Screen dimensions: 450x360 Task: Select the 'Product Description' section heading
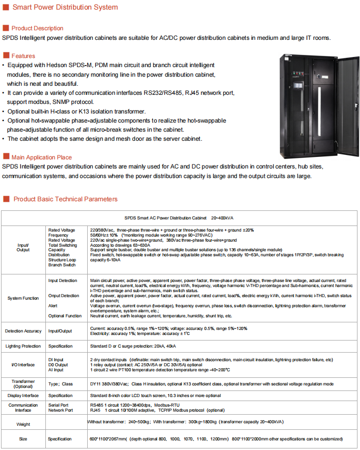37,28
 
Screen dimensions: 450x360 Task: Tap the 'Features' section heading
23,56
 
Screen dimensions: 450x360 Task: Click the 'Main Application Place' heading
41,157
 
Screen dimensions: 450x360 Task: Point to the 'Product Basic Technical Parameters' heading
65,199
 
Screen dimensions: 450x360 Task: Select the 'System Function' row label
23,298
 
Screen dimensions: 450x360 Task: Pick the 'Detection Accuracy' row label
23,331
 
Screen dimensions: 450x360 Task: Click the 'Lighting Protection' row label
23,346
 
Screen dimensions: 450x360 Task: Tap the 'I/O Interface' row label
23,364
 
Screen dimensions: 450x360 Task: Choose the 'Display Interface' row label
23,396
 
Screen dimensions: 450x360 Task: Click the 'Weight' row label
23,424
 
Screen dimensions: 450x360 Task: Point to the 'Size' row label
23,439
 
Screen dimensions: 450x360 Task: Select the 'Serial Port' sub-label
58,405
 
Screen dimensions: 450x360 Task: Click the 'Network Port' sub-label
61,410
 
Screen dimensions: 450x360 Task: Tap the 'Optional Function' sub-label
65,316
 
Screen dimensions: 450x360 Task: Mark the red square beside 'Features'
6,55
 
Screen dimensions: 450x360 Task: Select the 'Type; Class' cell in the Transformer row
61,384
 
